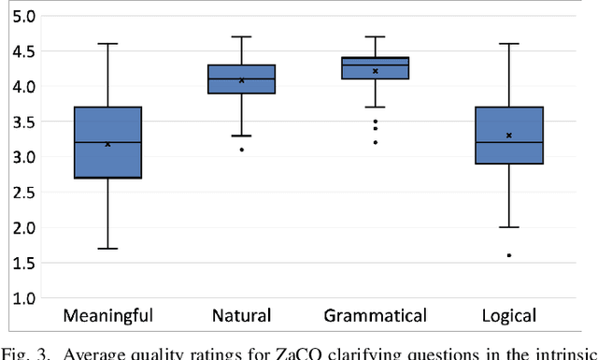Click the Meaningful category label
(x=107, y=315)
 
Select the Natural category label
(x=241, y=315)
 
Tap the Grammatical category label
(x=375, y=315)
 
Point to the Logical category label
(x=509, y=315)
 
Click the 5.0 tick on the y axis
(x=25, y=16)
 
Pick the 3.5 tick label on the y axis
(x=25, y=122)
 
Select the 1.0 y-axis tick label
(x=25, y=298)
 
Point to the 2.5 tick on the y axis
(x=25, y=192)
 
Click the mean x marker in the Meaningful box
(x=107, y=144)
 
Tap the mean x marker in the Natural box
(x=241, y=80)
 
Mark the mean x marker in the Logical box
(x=509, y=136)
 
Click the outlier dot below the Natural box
(x=241, y=150)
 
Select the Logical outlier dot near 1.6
(x=509, y=255)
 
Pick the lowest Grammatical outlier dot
(x=376, y=142)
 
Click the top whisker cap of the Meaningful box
(x=107, y=44)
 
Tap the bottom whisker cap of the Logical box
(x=509, y=227)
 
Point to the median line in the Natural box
(x=241, y=79)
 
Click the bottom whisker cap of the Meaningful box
(x=107, y=249)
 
